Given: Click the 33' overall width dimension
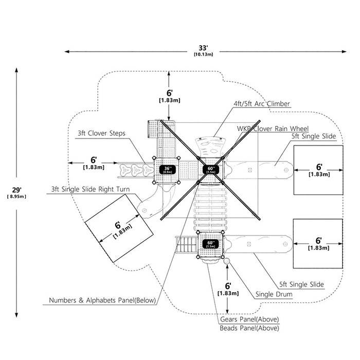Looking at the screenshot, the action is pos(203,48).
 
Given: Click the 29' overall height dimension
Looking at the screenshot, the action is pos(16,190).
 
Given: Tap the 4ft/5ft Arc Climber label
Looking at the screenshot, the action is pos(262,104).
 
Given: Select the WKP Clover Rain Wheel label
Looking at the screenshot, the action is pos(273,129).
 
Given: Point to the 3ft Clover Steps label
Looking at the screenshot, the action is pos(101,133).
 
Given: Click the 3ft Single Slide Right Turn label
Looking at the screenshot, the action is pos(91,189).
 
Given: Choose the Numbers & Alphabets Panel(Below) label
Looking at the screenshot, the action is pos(102,300).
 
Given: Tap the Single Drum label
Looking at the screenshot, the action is pos(274,294).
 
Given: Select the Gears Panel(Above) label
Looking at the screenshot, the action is pos(249,319).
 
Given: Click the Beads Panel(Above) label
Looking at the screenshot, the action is pos(249,328).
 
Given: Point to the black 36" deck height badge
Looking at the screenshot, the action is pos(168,170).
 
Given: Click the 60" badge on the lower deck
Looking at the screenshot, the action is pos(211,244).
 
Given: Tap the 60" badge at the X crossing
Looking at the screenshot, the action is pos(211,170).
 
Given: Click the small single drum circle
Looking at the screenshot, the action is pos(227,261).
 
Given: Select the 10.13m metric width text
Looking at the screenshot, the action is pos(204,55).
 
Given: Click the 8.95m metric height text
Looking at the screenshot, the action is pos(16,196).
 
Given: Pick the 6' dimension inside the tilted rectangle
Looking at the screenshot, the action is pos(118,225).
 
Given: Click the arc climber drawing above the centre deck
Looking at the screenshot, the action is pos(209,147).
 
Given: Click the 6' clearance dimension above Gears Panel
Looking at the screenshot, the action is pos(228,286).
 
